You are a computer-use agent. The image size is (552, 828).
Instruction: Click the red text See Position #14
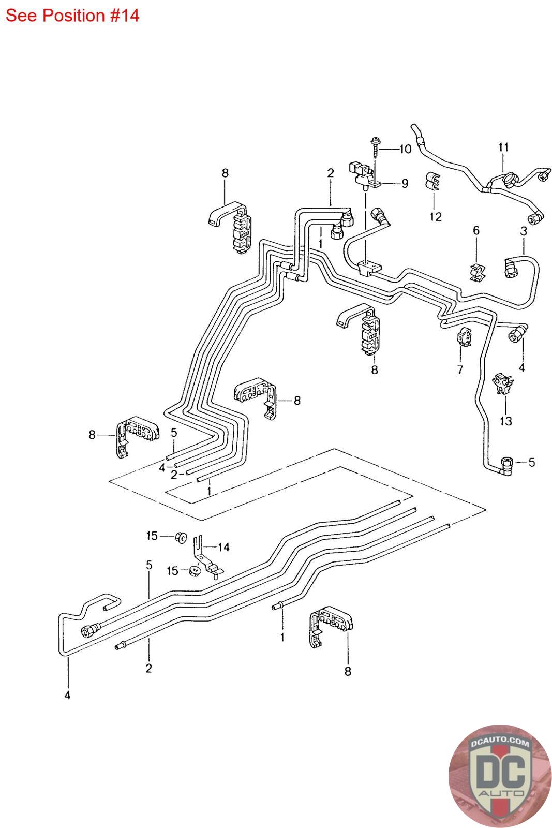(72, 16)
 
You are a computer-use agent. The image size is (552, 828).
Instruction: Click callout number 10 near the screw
(405, 149)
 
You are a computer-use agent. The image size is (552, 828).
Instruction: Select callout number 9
(405, 183)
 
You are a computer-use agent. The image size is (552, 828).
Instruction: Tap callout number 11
(503, 147)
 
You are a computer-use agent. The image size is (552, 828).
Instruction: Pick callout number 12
(436, 217)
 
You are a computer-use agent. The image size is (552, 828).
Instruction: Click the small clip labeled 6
(478, 272)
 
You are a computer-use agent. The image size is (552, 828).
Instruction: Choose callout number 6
(476, 231)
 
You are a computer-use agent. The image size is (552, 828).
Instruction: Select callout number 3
(524, 231)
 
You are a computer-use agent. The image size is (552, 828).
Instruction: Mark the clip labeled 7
(465, 336)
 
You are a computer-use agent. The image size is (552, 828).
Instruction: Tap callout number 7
(460, 369)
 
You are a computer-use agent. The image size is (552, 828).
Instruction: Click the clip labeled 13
(503, 383)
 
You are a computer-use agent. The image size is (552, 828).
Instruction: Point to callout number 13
(506, 421)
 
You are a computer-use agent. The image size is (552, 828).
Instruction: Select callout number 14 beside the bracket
(224, 547)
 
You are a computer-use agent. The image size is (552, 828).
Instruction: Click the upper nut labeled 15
(181, 537)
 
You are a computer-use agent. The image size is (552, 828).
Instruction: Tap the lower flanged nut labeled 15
(195, 571)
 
